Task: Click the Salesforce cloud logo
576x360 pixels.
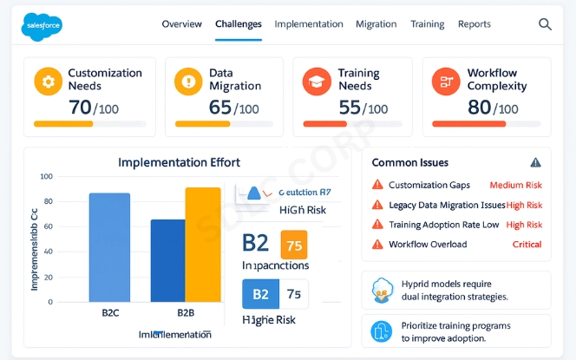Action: click(x=41, y=25)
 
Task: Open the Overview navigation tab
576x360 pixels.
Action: click(x=182, y=24)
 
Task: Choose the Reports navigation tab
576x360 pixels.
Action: click(x=475, y=24)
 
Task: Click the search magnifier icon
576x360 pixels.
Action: click(x=545, y=24)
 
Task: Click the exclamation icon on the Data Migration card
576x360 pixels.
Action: click(x=187, y=82)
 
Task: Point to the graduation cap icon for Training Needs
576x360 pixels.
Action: click(x=315, y=82)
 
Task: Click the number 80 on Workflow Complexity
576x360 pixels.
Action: click(x=479, y=107)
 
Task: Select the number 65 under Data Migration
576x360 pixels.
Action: click(x=220, y=107)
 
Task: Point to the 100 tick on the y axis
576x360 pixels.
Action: click(x=47, y=177)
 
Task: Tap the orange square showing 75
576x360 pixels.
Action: click(x=294, y=245)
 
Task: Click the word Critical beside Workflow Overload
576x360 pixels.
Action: click(x=527, y=245)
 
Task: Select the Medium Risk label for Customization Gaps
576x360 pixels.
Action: click(x=515, y=185)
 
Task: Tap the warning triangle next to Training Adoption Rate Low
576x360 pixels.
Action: click(x=376, y=225)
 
